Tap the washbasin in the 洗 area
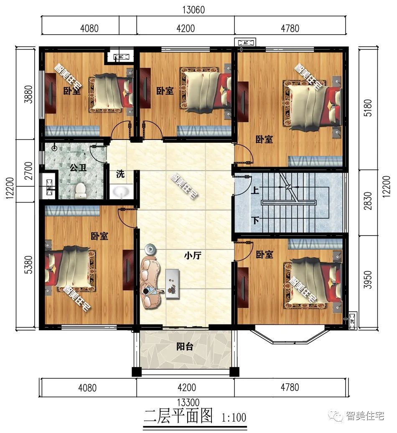pyautogui.click(x=121, y=192)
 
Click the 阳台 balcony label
pyautogui.click(x=184, y=346)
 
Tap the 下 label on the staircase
pyautogui.click(x=254, y=220)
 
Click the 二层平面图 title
pyautogui.click(x=179, y=416)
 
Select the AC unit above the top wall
pyautogui.click(x=246, y=43)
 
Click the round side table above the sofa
pyautogui.click(x=150, y=250)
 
